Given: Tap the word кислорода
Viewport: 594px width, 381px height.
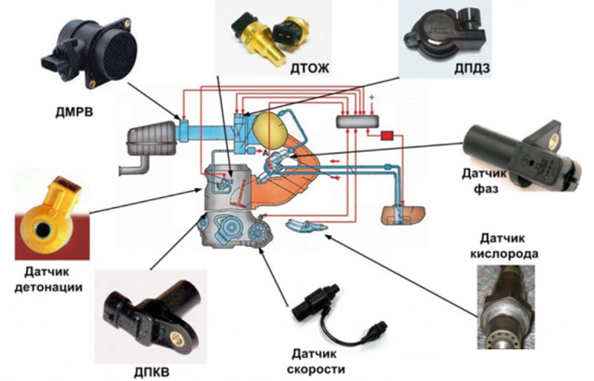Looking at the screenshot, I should [505, 253].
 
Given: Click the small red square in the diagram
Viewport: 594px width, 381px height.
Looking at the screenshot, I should [387, 136].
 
